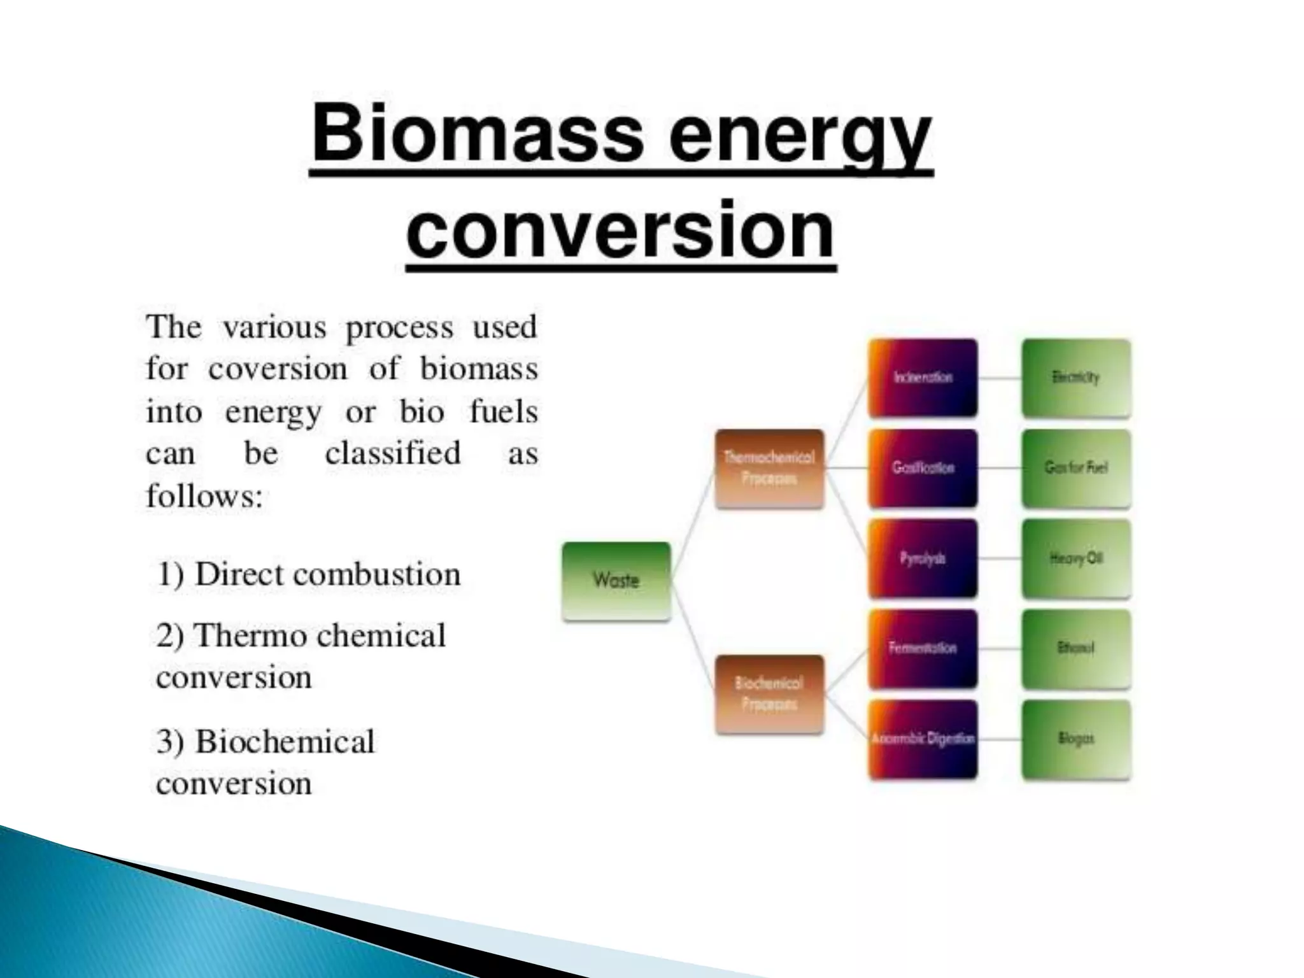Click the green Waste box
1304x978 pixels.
pyautogui.click(x=616, y=581)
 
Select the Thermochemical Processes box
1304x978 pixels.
pyautogui.click(x=769, y=469)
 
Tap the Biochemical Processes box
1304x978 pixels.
pyautogui.click(x=769, y=694)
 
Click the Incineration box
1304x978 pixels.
pyautogui.click(x=923, y=378)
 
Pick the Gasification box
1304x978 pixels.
pyautogui.click(x=923, y=468)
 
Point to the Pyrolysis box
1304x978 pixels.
pyautogui.click(x=923, y=558)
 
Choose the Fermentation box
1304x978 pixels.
pyautogui.click(x=923, y=649)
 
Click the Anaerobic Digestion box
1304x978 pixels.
pyautogui.click(x=923, y=739)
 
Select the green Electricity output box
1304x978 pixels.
pyautogui.click(x=1076, y=378)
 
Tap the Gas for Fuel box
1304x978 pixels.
pyautogui.click(x=1076, y=468)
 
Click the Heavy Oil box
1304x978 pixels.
pyautogui.click(x=1076, y=558)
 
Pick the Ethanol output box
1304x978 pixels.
pyautogui.click(x=1076, y=649)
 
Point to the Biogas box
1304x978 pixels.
pyautogui.click(x=1076, y=739)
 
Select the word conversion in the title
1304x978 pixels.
pyautogui.click(x=621, y=229)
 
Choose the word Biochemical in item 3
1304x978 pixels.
pyautogui.click(x=285, y=742)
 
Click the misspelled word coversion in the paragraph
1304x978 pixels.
pyautogui.click(x=278, y=369)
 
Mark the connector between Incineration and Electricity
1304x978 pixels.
pyautogui.click(x=1000, y=378)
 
